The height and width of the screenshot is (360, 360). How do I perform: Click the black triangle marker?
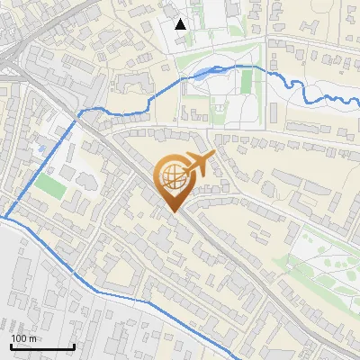click(x=181, y=24)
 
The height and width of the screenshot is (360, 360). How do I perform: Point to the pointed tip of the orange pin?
click(x=172, y=212)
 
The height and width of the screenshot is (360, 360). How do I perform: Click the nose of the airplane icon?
click(x=214, y=155)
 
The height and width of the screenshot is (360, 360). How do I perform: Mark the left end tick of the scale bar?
click(x=10, y=346)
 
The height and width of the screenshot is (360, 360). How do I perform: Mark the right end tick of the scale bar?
click(x=74, y=346)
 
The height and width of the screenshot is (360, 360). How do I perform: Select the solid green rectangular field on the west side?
click(x=52, y=187)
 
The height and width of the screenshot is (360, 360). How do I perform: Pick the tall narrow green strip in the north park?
click(x=246, y=83)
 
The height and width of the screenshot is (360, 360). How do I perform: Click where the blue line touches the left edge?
click(x=2, y=217)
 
